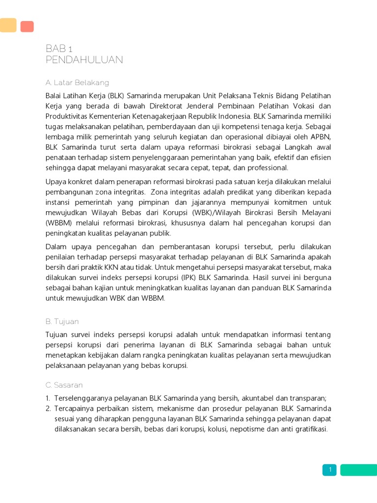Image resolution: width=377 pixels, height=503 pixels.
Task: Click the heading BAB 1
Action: point(59,49)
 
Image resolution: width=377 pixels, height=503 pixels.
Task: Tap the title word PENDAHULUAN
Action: point(84,60)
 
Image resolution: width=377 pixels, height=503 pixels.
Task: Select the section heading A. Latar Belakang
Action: point(77,83)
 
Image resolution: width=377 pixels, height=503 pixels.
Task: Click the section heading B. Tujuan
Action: point(62,322)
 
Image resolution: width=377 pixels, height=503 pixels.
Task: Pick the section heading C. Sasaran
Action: point(64,385)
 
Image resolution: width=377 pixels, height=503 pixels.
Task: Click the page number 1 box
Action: point(330,470)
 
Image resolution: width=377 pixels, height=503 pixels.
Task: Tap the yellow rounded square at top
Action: point(8,25)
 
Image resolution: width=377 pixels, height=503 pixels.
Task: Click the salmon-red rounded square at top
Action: point(27,27)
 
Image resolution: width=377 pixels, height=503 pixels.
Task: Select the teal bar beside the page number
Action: point(358,470)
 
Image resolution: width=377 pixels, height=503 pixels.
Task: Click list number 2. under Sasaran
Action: point(48,409)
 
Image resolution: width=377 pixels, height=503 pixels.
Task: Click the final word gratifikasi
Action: point(309,429)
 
